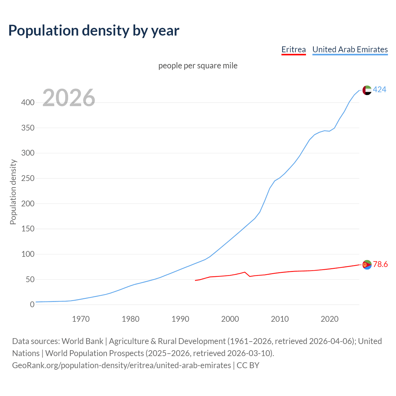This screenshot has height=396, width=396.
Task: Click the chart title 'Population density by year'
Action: [94, 31]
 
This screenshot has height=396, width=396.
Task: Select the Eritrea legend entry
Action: [293, 49]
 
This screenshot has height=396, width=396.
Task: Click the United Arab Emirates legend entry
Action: [350, 49]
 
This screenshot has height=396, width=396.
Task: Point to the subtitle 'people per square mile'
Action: [198, 66]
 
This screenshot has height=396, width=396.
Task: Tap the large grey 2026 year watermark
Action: [69, 98]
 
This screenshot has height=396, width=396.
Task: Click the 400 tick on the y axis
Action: [28, 102]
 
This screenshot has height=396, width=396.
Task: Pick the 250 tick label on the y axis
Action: [28, 179]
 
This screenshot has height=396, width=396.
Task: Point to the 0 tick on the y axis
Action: [32, 304]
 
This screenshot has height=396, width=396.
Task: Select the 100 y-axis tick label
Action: [28, 254]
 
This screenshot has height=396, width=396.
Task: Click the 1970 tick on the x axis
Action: [81, 319]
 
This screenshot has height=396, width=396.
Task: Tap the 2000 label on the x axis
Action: [230, 319]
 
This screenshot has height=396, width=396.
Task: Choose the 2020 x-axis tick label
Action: [329, 319]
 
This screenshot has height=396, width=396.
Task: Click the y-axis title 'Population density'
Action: [13, 192]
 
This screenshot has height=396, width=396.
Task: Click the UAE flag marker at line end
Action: [367, 90]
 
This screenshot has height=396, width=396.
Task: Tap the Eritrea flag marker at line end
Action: [367, 265]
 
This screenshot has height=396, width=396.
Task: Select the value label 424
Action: [380, 90]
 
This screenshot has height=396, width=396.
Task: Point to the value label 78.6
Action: [380, 264]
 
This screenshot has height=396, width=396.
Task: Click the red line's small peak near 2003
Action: [245, 272]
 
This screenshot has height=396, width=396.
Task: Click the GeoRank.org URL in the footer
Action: [122, 365]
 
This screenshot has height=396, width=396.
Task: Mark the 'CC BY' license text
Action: [248, 365]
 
